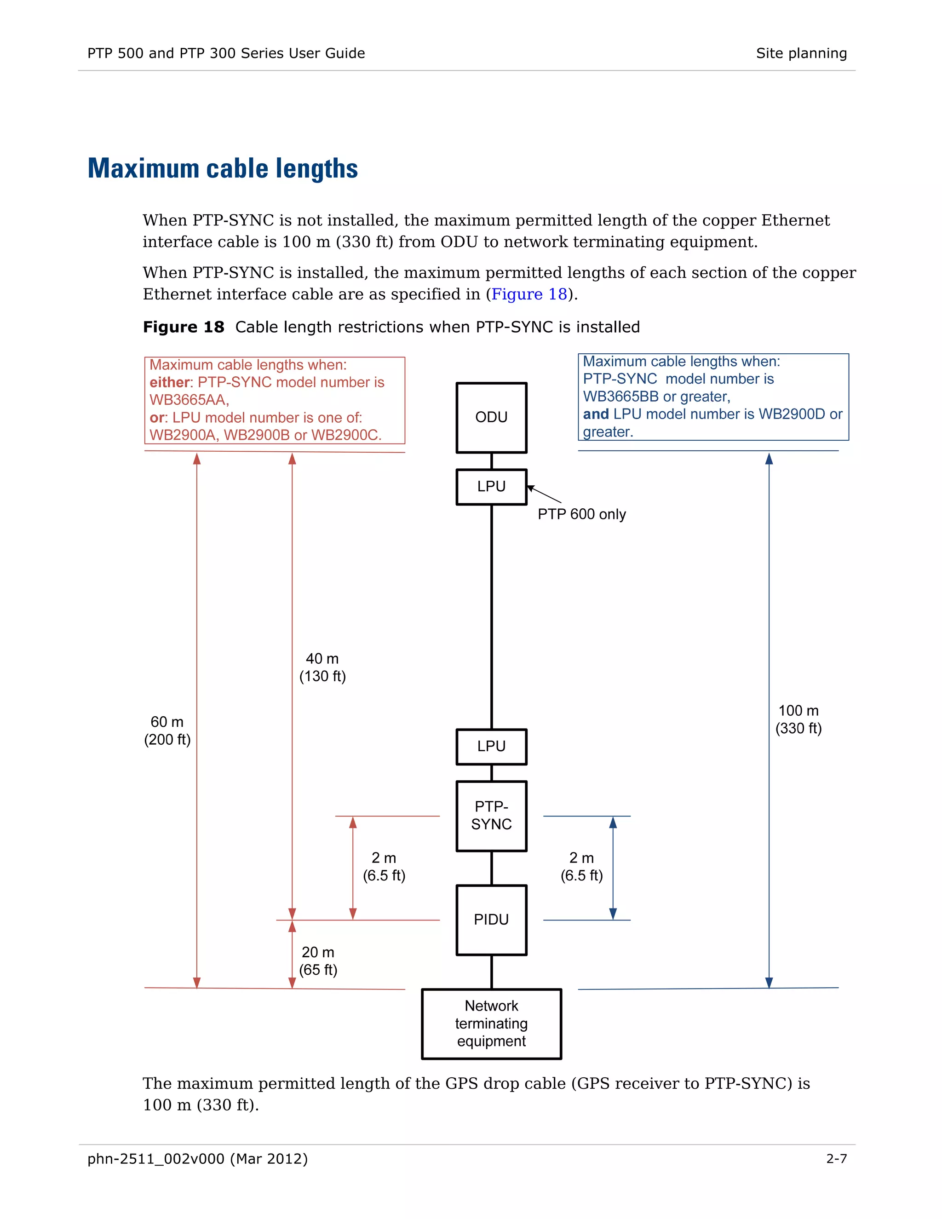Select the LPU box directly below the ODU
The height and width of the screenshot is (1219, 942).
click(491, 486)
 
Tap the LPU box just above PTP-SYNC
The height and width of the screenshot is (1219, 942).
click(491, 746)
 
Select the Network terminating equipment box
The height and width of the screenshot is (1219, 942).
click(491, 1023)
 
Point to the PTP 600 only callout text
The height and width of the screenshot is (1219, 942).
click(581, 514)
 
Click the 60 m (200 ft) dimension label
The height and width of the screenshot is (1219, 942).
click(167, 730)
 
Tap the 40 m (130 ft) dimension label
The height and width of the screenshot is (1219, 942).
click(322, 667)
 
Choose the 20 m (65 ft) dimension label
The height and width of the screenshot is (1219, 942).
click(318, 960)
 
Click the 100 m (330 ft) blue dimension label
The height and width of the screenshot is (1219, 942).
click(798, 719)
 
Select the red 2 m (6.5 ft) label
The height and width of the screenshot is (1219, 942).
click(384, 866)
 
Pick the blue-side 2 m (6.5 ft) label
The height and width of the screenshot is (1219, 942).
click(581, 866)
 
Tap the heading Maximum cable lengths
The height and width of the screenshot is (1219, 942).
click(223, 168)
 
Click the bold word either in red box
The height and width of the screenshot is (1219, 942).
click(170, 382)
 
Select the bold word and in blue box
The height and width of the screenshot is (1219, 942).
click(596, 414)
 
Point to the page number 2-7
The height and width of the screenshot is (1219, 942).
click(836, 1159)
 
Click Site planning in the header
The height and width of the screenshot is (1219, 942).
click(801, 53)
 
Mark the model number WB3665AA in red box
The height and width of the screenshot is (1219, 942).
click(188, 400)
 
